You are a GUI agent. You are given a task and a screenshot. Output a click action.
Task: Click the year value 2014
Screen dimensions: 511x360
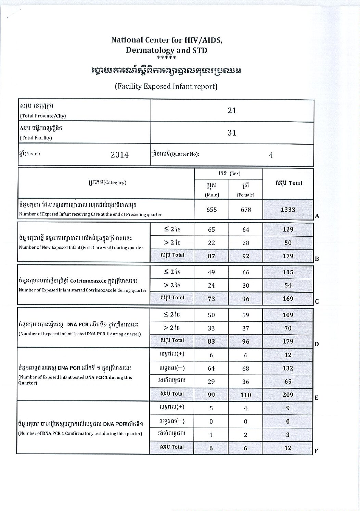(x=119, y=155)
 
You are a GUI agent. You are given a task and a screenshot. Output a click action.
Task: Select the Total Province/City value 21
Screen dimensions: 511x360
(x=232, y=111)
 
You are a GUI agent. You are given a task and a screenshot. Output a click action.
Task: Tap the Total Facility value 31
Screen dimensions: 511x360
(x=232, y=133)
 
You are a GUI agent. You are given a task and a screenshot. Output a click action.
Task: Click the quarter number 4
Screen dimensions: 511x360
(x=271, y=155)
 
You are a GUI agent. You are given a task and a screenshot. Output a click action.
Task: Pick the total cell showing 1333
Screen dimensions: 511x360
(x=288, y=209)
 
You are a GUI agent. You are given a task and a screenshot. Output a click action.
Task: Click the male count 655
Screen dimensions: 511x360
(x=211, y=209)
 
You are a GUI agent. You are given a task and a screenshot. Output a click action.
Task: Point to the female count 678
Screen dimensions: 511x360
(x=246, y=209)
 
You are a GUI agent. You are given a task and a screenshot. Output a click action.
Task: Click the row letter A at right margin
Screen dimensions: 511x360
(x=317, y=216)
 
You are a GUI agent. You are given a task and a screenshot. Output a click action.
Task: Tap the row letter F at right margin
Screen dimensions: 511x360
(x=316, y=451)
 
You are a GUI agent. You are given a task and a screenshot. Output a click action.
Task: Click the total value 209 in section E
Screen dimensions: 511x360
(x=288, y=395)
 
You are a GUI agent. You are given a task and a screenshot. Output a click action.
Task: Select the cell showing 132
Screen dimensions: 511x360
(x=288, y=368)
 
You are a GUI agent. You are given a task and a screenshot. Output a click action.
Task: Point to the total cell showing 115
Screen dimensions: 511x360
(x=288, y=272)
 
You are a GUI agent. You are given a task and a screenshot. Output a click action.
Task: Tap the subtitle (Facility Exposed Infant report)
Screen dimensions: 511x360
(x=166, y=86)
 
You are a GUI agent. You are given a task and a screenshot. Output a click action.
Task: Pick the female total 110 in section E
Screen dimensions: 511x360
(x=246, y=395)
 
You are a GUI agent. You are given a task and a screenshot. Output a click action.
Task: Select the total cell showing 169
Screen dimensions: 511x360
(x=288, y=298)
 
